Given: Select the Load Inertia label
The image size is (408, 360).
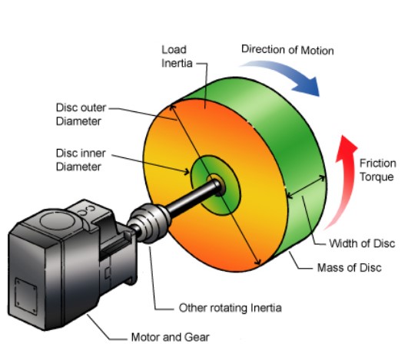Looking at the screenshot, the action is click(177, 56).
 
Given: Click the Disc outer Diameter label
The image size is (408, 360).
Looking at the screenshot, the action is click(81, 114).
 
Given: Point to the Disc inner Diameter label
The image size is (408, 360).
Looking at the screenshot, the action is click(81, 160).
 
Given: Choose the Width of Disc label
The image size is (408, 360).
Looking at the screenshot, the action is click(362, 243).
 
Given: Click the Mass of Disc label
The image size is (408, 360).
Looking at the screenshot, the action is click(350, 267).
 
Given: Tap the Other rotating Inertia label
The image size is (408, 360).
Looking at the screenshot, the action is click(231, 308).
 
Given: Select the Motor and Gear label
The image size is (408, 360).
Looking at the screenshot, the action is click(170, 338).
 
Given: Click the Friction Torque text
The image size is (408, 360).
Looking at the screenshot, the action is click(377, 170).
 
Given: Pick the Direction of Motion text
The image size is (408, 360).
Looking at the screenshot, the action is click(287, 50).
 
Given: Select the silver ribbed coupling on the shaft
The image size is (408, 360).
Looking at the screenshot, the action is click(150, 223).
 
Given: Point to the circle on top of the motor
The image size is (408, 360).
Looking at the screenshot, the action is click(58, 220).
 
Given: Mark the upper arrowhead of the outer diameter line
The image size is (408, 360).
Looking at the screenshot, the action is click(172, 107).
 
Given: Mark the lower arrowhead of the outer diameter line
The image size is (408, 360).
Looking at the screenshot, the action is click(257, 262).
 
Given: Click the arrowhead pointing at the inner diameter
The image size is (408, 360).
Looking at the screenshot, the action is click(186, 172).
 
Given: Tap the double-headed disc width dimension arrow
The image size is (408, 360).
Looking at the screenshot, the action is click(307, 187).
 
